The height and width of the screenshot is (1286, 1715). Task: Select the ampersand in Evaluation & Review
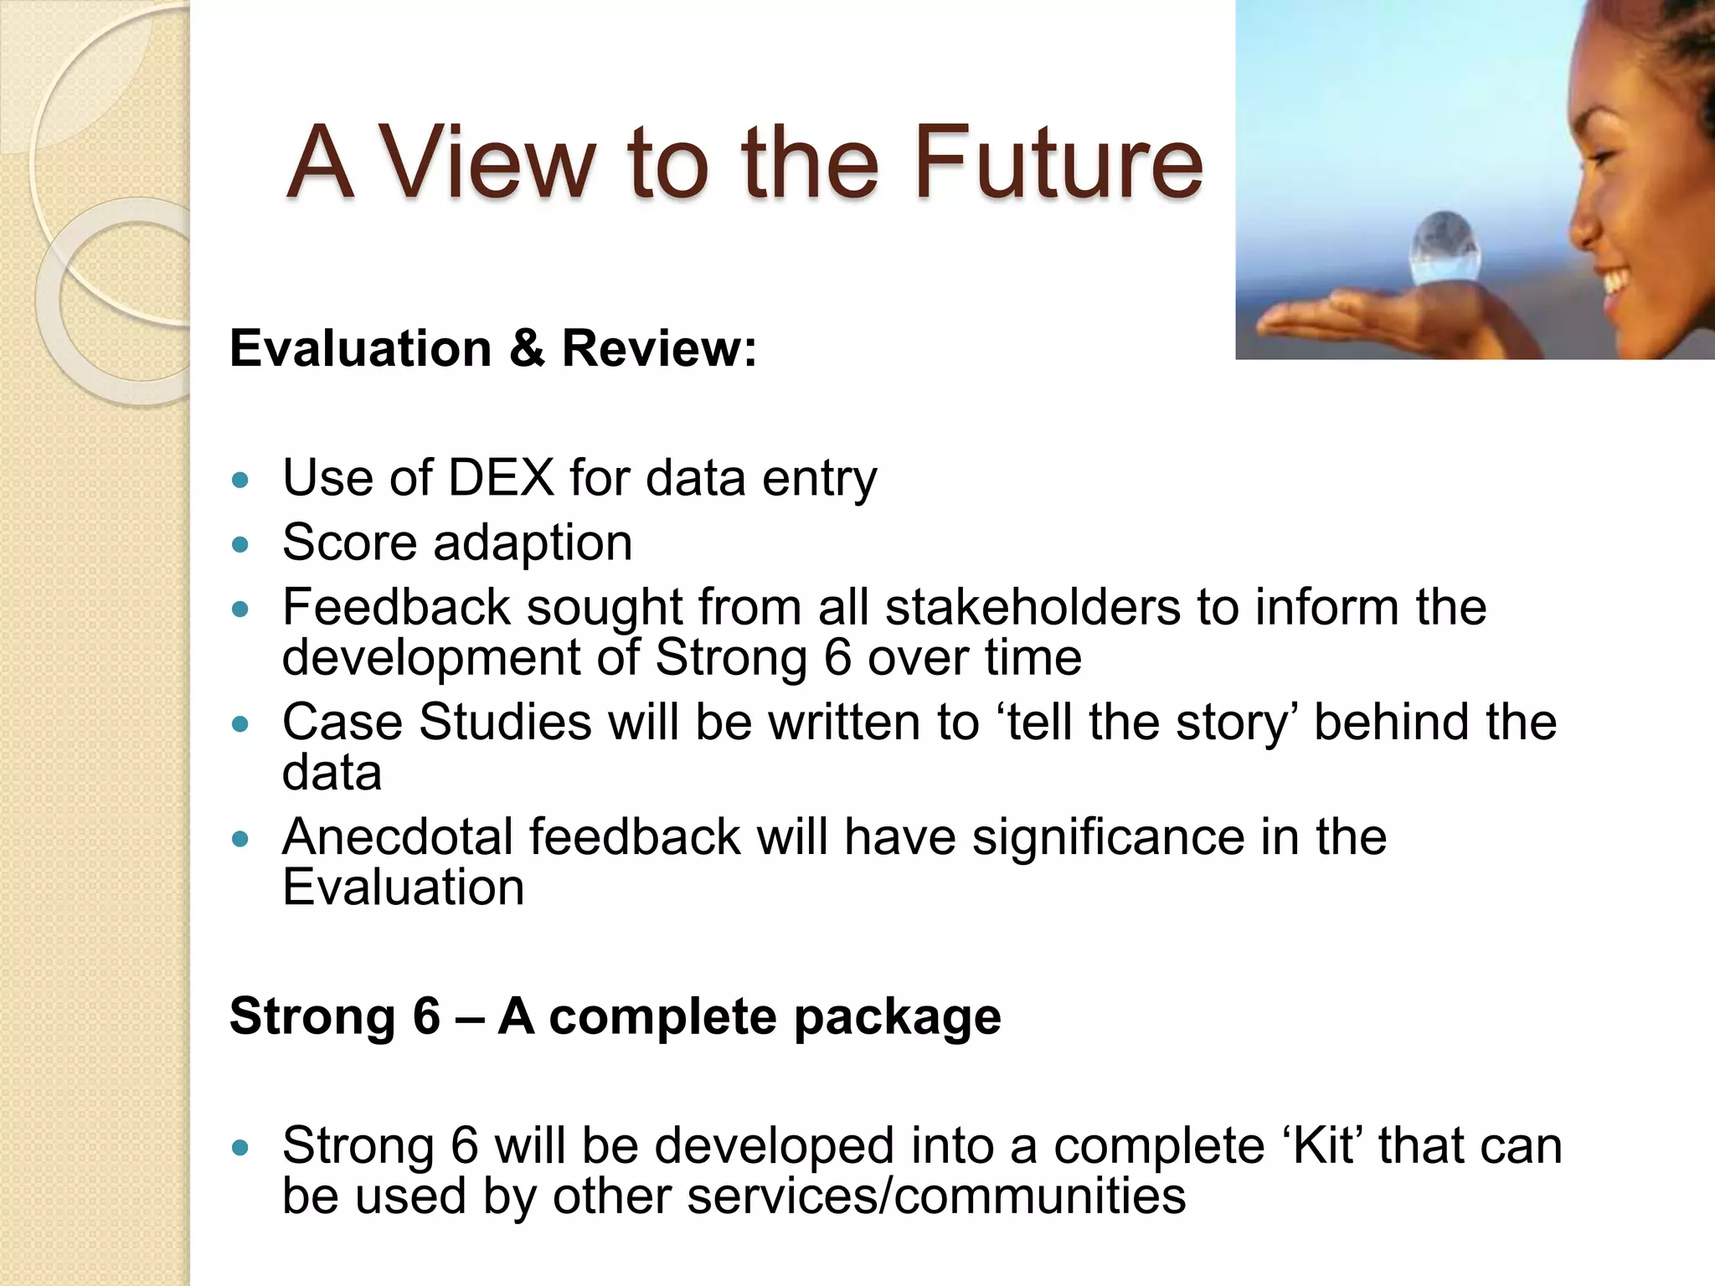(x=527, y=347)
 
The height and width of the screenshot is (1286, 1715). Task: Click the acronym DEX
(x=501, y=478)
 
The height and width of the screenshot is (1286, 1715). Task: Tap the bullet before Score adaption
(x=240, y=545)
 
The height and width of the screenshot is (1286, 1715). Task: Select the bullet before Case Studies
(x=240, y=724)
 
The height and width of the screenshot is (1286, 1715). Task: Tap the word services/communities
(x=936, y=1196)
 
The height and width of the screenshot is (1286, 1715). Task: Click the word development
(x=431, y=657)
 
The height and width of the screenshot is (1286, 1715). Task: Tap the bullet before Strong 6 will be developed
(x=240, y=1148)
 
